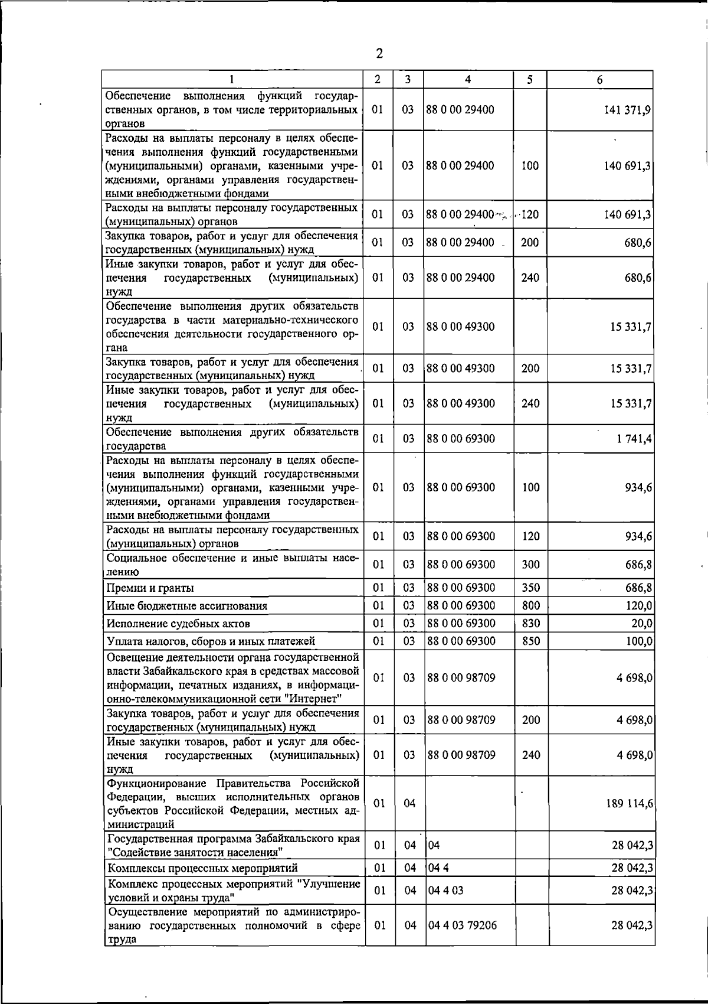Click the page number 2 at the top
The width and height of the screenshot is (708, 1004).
click(379, 54)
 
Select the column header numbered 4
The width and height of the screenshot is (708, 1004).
click(468, 79)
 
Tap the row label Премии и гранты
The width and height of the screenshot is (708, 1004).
click(150, 588)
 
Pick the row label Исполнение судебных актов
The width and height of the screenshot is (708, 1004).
click(178, 624)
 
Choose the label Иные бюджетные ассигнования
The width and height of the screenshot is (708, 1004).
click(187, 606)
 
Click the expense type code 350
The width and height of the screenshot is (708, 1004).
click(531, 588)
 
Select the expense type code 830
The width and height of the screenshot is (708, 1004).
click(531, 623)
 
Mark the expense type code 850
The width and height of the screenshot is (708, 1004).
click(531, 641)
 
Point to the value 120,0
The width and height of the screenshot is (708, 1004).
click(639, 605)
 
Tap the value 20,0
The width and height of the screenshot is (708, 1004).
click(642, 623)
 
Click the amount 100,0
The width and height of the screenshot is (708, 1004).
click(639, 641)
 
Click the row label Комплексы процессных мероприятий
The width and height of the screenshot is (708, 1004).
click(202, 868)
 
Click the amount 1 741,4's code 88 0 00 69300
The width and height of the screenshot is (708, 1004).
click(461, 439)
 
